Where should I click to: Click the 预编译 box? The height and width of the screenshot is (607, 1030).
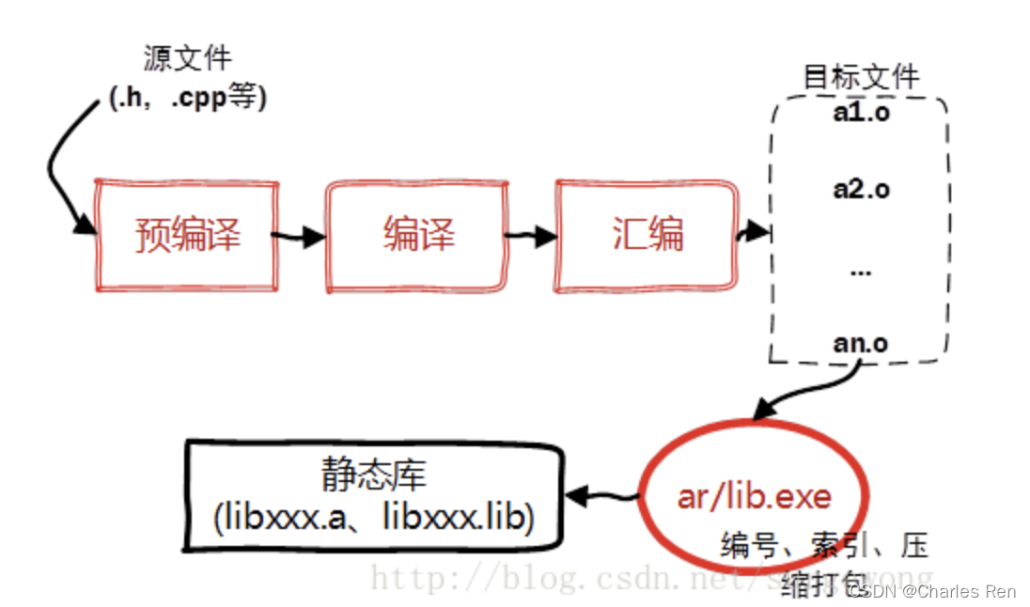point(187,234)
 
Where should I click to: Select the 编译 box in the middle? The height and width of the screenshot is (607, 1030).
point(417,234)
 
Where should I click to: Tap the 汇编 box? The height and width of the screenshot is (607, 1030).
point(647,234)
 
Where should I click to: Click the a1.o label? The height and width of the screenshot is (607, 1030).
point(860,114)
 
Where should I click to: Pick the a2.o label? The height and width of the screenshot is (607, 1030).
point(860,189)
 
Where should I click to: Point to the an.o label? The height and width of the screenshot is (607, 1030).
point(860,344)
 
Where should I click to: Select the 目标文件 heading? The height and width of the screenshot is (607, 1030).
point(860,76)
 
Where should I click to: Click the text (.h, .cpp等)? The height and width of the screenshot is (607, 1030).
point(187,97)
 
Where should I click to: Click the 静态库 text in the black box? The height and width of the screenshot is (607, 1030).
point(373,475)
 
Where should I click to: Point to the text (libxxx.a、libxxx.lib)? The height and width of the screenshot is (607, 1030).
point(373,518)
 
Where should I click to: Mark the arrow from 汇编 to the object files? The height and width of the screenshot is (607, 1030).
point(752,232)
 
